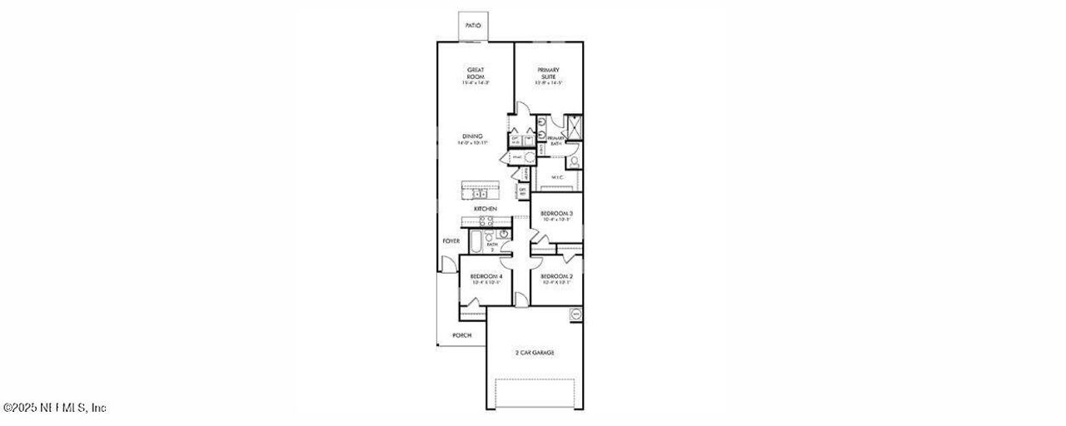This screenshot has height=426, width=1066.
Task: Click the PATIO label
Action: pos(473,26)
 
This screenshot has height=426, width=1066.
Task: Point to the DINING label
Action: pos(471,139)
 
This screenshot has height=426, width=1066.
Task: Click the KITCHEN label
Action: pos(486,208)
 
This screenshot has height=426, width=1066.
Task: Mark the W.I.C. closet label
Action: pos(557,177)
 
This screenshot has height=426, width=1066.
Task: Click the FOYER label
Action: pos(451,241)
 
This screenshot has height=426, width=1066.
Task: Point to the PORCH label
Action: pos(461,335)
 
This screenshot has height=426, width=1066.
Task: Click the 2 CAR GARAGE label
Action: pos(535,353)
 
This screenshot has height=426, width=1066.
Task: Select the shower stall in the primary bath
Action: pos(573,126)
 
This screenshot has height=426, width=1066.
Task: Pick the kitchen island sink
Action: pos(481,194)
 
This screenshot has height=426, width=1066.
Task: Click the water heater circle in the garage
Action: pos(574,315)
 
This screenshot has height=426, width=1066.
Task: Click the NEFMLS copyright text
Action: pos(54,408)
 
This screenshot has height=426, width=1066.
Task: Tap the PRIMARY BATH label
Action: pos(555,141)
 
